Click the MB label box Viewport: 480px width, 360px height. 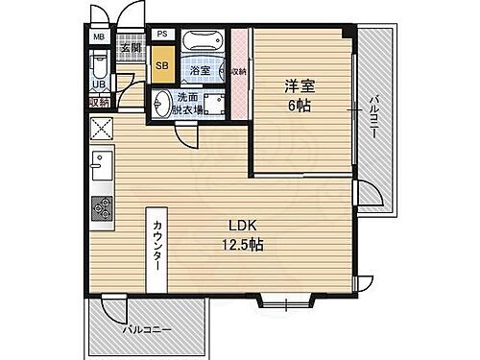point(98,38)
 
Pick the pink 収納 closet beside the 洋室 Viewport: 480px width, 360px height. point(238,72)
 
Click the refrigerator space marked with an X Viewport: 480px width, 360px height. point(102,131)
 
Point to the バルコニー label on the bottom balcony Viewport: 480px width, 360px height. point(146,331)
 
